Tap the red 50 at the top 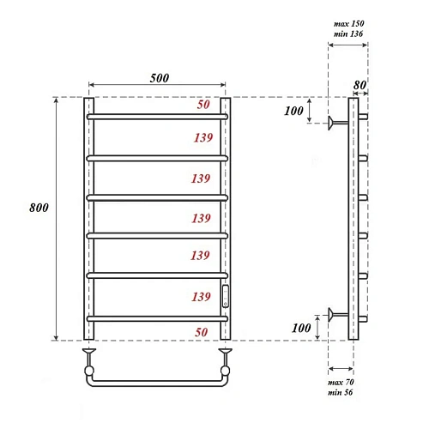202,105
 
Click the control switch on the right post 226,296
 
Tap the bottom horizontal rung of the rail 158,317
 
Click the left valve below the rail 88,353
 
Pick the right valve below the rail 227,353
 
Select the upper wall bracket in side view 336,123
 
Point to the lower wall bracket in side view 336,314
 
